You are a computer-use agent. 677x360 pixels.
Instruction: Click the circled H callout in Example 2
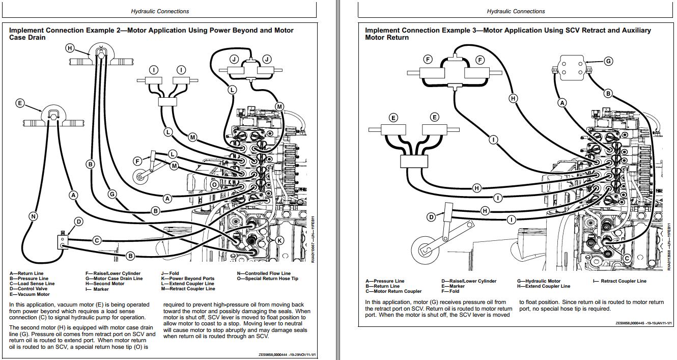click(70, 48)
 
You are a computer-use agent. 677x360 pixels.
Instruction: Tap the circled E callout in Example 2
click(20, 103)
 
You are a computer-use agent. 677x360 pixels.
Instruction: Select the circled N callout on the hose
click(33, 216)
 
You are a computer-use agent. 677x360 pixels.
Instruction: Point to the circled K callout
click(279, 240)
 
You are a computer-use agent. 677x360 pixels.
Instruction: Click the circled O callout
click(215, 184)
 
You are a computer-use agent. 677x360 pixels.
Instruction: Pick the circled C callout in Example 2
click(97, 240)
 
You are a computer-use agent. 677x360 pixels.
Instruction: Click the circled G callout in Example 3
click(608, 61)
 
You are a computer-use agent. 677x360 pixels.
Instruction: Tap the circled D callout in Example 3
click(431, 217)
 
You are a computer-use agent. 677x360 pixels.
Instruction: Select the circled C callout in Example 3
click(627, 258)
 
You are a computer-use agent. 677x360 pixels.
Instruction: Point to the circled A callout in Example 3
click(562, 103)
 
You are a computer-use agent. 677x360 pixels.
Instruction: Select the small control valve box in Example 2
click(62, 241)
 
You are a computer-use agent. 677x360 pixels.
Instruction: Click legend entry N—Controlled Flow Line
click(264, 273)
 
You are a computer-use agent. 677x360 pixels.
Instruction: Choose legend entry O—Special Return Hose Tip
click(267, 279)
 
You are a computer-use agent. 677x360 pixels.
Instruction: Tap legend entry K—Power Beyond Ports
click(188, 279)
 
